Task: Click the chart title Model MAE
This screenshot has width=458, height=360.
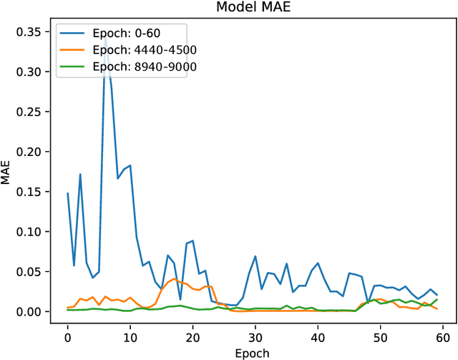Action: [x=254, y=8]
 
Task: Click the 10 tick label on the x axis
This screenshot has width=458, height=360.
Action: [x=130, y=334]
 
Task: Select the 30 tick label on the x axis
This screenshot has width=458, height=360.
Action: [x=255, y=334]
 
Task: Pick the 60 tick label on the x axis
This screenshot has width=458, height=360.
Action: [x=442, y=334]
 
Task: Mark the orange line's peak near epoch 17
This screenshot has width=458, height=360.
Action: [x=174, y=279]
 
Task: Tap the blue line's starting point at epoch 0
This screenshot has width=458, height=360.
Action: [x=67, y=193]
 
